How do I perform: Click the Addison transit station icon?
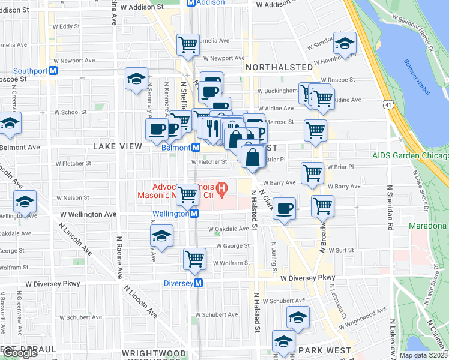191,2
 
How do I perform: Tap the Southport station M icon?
53,70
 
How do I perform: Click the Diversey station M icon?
199,283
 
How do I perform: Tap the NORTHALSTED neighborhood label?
279,67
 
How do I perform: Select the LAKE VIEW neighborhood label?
118,146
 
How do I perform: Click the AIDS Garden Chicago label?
410,155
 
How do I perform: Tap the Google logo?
19,353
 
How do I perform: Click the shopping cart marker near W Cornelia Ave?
188,44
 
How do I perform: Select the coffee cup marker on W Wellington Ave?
285,208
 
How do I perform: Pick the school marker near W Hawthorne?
345,43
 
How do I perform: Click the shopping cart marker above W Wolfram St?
194,259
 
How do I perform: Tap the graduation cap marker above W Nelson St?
25,201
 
